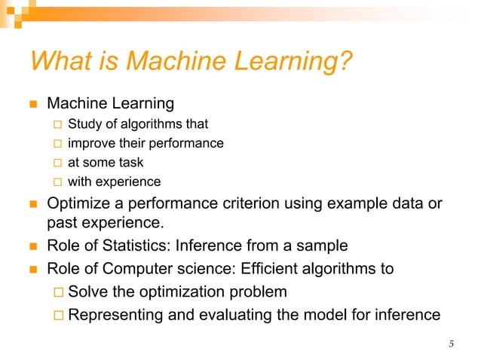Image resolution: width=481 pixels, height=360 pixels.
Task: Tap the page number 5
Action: pyautogui.click(x=451, y=345)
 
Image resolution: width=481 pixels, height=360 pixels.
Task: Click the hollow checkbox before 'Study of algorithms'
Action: pyautogui.click(x=57, y=124)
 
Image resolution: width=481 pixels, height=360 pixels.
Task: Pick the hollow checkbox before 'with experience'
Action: pyautogui.click(x=57, y=182)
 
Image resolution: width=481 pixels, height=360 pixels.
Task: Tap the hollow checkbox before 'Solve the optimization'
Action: pyautogui.click(x=57, y=292)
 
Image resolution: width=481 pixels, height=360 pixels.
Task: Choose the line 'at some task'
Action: pyautogui.click(x=106, y=162)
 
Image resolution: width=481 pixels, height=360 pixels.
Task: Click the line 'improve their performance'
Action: pyautogui.click(x=146, y=143)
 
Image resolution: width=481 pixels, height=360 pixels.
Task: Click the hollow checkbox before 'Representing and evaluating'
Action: pyautogui.click(x=57, y=316)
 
